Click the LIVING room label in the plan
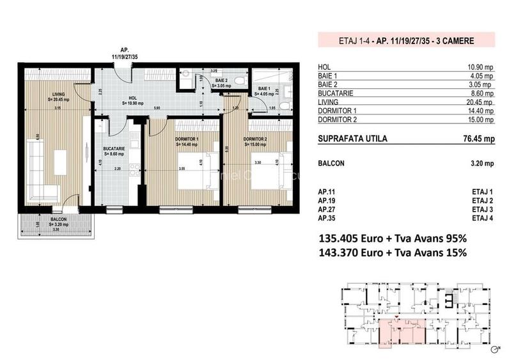tap(59, 97)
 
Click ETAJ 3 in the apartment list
tap(482, 210)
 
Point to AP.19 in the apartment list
tap(327, 201)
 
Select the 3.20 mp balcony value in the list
tap(482, 163)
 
